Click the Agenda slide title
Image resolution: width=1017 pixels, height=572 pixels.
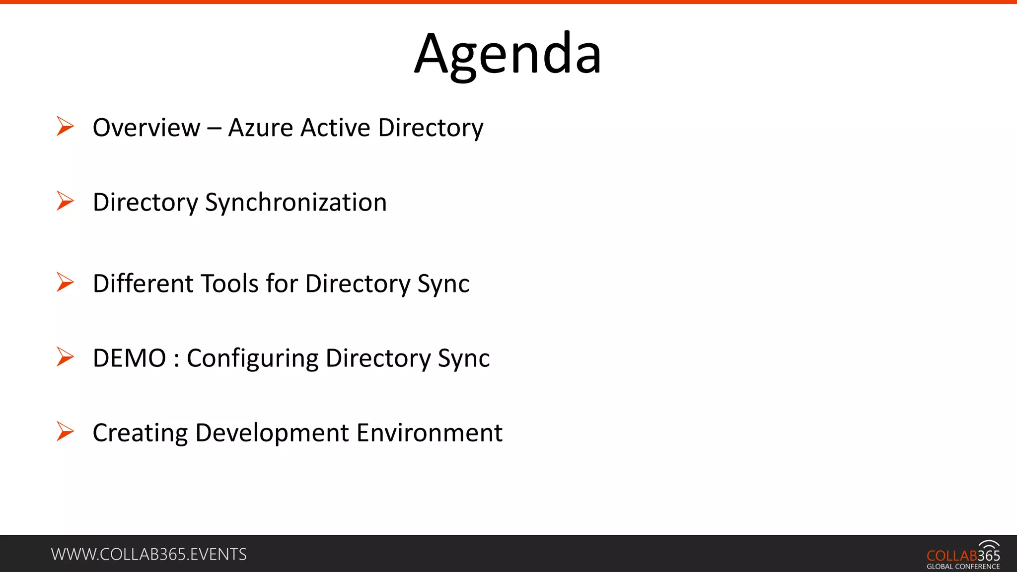pos(508,54)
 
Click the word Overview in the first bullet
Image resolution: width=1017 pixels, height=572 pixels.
pos(146,128)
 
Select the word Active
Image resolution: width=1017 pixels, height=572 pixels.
pos(336,128)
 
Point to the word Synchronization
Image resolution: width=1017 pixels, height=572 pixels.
pos(296,203)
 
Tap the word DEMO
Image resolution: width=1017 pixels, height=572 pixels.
pos(129,358)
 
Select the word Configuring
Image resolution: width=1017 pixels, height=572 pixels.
pos(252,358)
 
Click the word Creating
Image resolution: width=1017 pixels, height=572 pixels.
pos(140,432)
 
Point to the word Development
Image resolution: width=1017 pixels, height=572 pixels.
pos(272,432)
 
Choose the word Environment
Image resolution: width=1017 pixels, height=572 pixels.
pos(430,432)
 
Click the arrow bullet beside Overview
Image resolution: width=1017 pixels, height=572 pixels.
pos(65,126)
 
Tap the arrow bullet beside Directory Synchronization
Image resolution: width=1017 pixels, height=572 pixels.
pos(65,201)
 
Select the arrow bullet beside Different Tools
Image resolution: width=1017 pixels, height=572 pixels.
pos(65,282)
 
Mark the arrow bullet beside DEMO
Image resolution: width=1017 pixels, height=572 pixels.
pos(65,357)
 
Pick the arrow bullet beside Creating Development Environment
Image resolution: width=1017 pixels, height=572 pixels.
pos(65,431)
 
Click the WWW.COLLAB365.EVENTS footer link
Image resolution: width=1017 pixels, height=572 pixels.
pos(148,554)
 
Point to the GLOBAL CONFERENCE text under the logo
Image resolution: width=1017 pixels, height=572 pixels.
pos(963,567)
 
